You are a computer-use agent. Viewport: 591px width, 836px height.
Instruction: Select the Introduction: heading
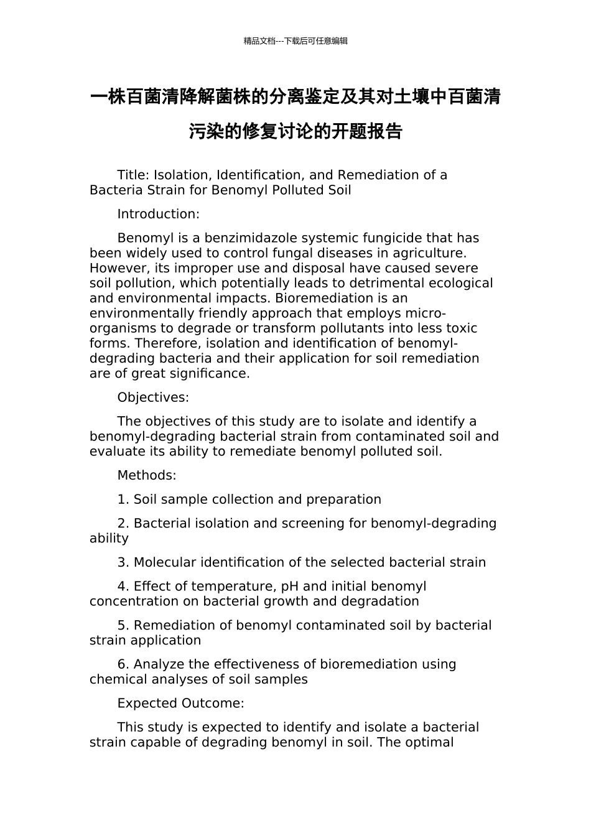(x=158, y=214)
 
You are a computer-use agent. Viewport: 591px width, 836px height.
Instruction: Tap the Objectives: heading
(x=153, y=397)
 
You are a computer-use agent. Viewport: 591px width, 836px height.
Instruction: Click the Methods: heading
(x=147, y=475)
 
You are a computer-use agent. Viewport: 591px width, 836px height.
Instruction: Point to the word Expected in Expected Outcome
(x=147, y=704)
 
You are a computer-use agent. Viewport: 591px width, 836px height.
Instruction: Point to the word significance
(x=213, y=374)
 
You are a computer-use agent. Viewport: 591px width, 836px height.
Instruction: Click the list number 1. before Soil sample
(x=123, y=499)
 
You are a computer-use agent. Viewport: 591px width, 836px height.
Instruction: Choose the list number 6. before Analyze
(x=123, y=664)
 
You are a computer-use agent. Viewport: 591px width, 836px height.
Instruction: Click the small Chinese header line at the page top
(x=295, y=41)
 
